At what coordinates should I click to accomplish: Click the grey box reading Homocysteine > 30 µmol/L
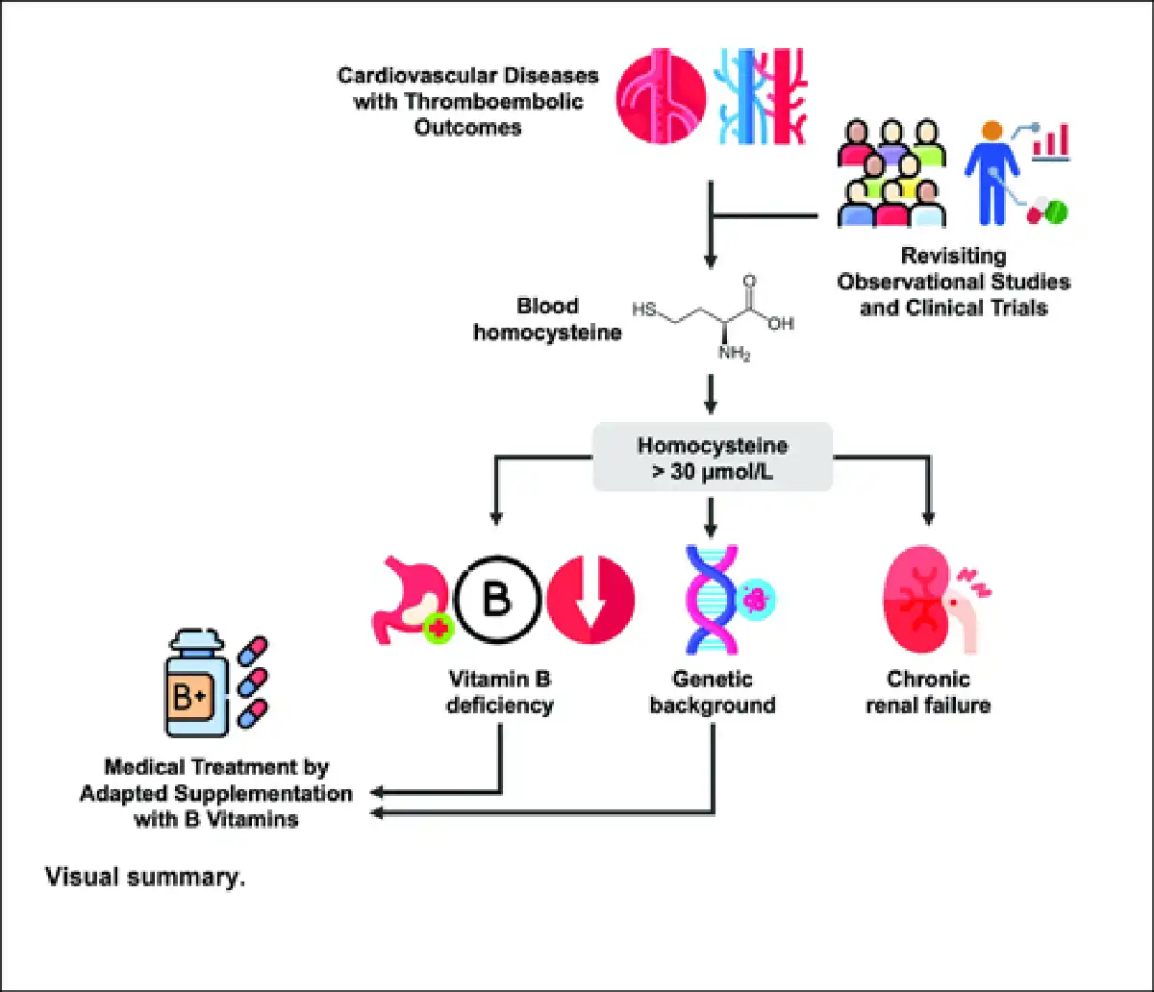click(712, 458)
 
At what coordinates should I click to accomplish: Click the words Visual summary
click(144, 878)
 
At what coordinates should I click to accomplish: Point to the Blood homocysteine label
click(548, 319)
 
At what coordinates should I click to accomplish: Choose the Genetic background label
click(712, 692)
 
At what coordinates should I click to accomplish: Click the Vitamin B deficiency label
click(500, 692)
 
